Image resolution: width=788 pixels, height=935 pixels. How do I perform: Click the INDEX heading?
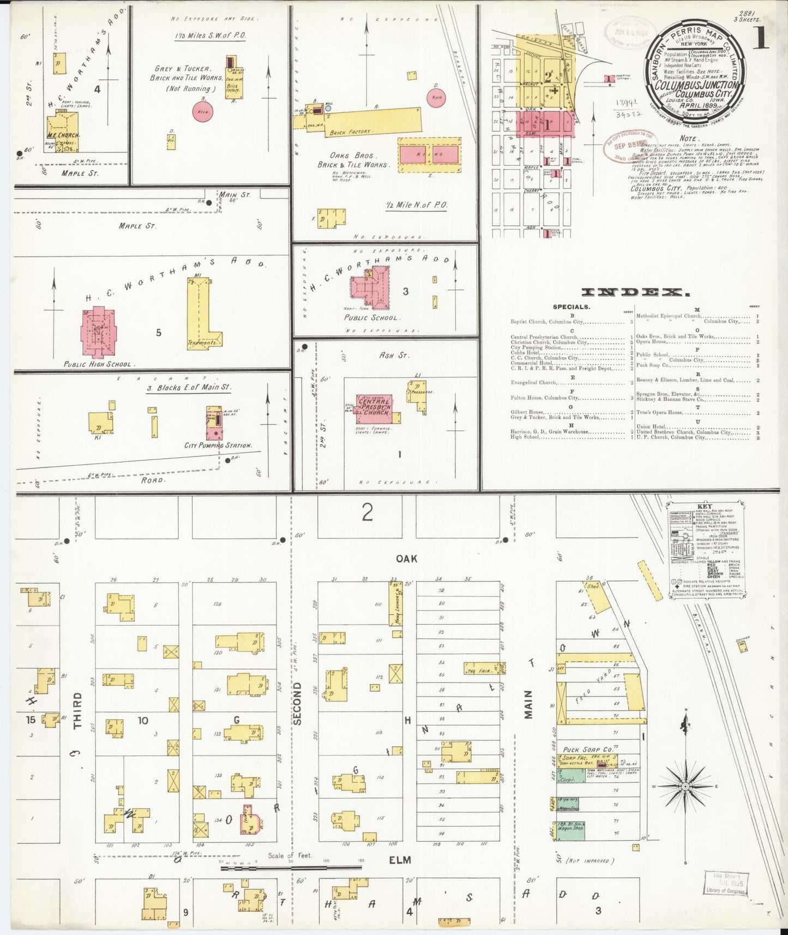635,293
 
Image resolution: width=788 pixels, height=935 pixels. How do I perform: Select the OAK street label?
406,559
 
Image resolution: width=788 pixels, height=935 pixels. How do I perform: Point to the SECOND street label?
298,704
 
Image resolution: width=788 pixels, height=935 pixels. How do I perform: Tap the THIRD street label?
77,710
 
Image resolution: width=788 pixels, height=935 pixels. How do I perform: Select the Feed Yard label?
594,685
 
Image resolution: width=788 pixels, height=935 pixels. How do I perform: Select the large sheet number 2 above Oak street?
367,513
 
